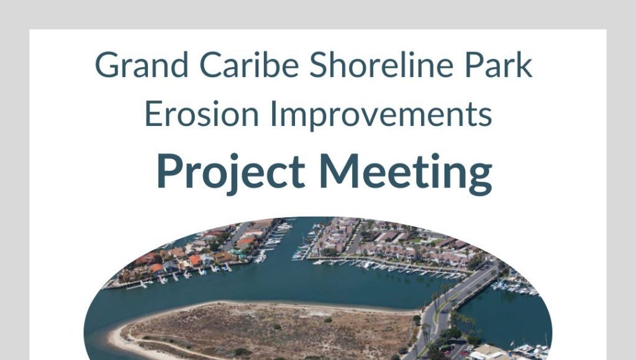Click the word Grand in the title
(142, 65)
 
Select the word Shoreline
(381, 65)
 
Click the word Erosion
(202, 114)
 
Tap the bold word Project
(231, 172)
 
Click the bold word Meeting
(406, 173)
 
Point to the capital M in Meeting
(340, 171)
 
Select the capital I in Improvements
(273, 114)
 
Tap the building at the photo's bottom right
(489, 352)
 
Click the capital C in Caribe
(212, 65)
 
